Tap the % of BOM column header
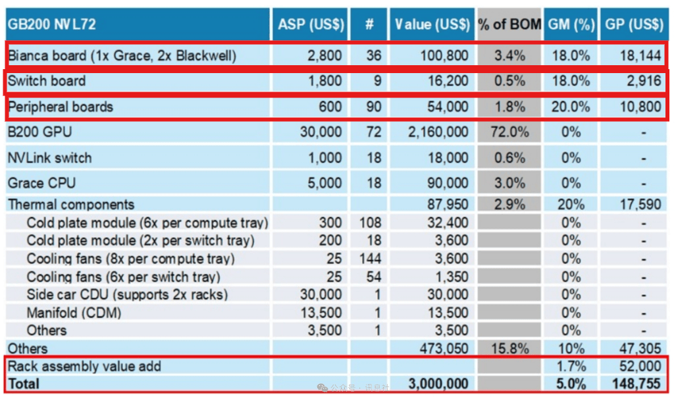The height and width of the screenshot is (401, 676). pyautogui.click(x=509, y=25)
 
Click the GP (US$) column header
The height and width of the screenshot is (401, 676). pyautogui.click(x=633, y=25)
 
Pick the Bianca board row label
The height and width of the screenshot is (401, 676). pyautogui.click(x=122, y=56)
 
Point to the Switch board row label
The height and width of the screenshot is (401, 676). pyautogui.click(x=47, y=82)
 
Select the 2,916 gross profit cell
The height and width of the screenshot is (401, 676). pyautogui.click(x=642, y=82)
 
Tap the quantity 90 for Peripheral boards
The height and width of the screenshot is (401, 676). pyautogui.click(x=373, y=107)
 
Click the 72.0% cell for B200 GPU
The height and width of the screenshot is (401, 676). pyautogui.click(x=509, y=132)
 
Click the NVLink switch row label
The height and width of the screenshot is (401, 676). pyautogui.click(x=50, y=158)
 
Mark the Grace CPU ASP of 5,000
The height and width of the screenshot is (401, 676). pyautogui.click(x=322, y=182)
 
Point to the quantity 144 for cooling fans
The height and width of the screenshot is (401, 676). pyautogui.click(x=370, y=258)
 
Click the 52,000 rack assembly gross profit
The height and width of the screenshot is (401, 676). pyautogui.click(x=640, y=366)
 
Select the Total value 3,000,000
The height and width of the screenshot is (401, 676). pyautogui.click(x=438, y=384)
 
